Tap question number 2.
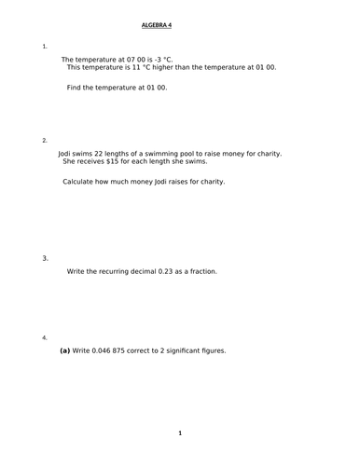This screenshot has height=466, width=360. click(45, 140)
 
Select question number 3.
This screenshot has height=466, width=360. click(45, 258)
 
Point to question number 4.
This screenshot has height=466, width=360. click(45, 337)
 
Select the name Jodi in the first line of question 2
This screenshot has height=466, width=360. click(67, 153)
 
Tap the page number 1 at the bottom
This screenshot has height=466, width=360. click(180, 432)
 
